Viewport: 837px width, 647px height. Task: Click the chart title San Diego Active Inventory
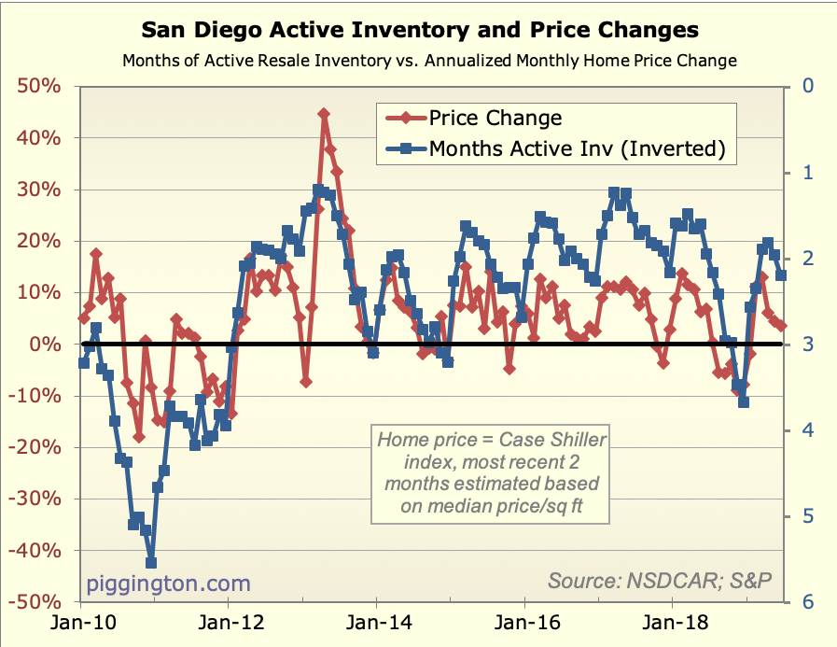click(x=419, y=31)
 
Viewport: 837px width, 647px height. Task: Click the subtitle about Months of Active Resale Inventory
click(x=430, y=61)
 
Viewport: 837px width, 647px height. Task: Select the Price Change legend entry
click(x=495, y=118)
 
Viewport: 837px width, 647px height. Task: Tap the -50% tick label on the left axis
click(x=37, y=603)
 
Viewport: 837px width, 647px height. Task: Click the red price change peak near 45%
click(x=324, y=114)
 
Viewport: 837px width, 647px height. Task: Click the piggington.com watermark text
click(x=169, y=584)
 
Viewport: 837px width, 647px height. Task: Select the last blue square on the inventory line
click(x=781, y=274)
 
